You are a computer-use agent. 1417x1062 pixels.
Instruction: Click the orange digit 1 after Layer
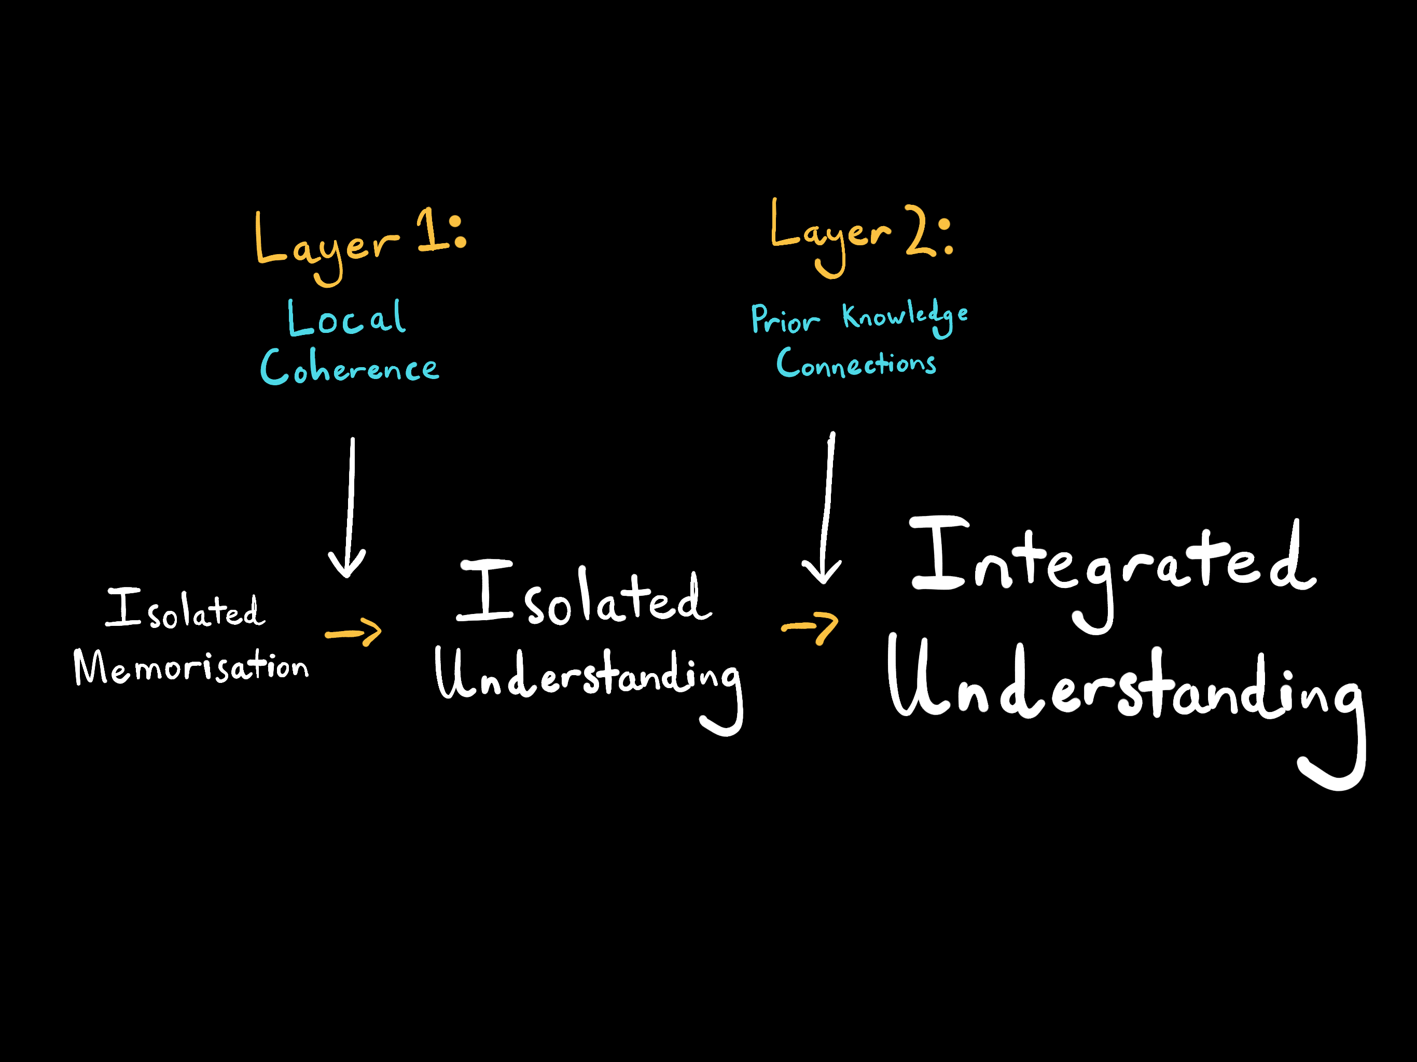pyautogui.click(x=430, y=231)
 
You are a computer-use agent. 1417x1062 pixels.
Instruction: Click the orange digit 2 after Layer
pyautogui.click(x=921, y=232)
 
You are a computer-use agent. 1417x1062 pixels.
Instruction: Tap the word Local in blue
pyautogui.click(x=346, y=318)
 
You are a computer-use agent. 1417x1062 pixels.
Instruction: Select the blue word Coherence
pyautogui.click(x=350, y=368)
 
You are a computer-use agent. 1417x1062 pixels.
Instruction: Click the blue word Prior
pyautogui.click(x=785, y=319)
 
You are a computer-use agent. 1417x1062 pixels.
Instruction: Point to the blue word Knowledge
pyautogui.click(x=905, y=316)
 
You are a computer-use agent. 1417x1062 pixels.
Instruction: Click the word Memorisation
pyautogui.click(x=191, y=667)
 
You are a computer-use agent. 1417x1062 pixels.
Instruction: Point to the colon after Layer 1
pyautogui.click(x=457, y=232)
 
